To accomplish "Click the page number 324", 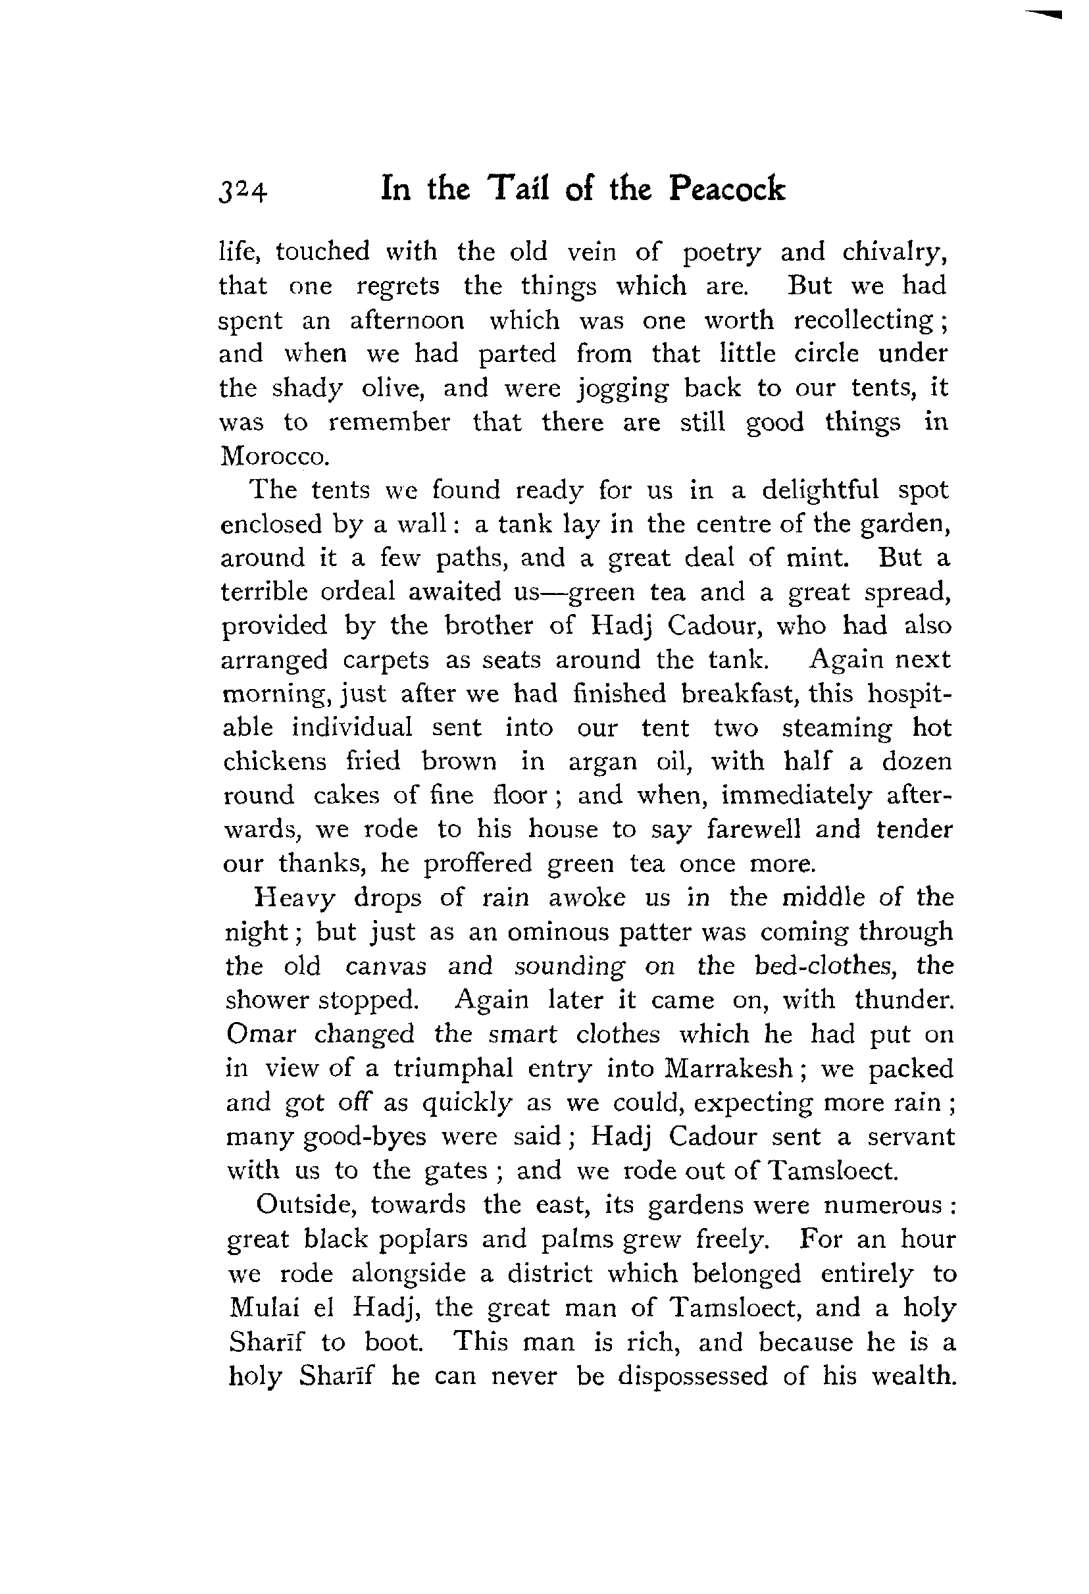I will (243, 192).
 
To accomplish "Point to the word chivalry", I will (895, 253).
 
